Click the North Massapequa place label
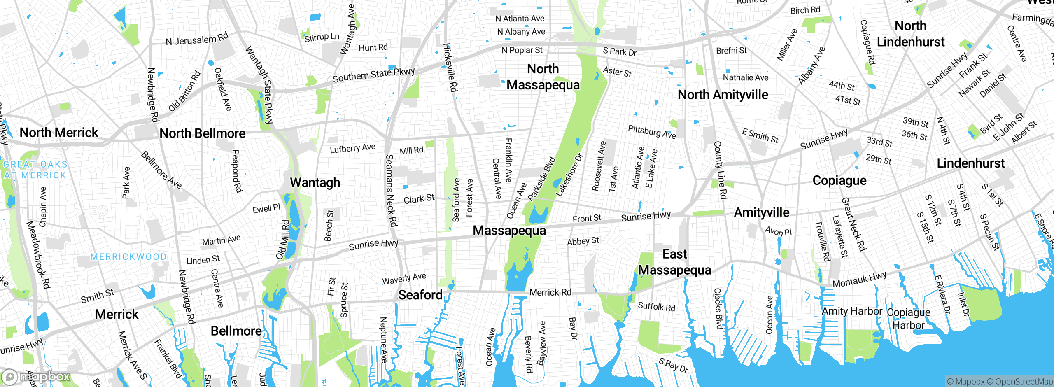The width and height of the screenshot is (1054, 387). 543,77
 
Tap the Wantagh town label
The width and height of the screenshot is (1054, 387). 315,182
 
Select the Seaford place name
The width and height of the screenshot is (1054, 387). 420,295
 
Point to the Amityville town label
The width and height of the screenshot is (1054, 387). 762,212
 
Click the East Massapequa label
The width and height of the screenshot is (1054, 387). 674,262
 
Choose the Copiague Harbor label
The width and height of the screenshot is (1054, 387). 908,319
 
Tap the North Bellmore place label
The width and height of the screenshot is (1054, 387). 202,133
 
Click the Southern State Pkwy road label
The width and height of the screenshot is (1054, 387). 373,75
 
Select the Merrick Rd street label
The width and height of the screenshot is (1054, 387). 550,292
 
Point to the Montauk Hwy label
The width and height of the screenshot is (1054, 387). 859,280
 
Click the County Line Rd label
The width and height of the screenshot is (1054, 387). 720,170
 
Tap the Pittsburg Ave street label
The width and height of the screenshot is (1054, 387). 652,132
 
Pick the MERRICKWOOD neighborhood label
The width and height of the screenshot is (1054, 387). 128,257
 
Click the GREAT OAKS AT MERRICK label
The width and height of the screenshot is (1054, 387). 35,170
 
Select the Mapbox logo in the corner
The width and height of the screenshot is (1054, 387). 36,377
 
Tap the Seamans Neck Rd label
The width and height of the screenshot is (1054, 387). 391,190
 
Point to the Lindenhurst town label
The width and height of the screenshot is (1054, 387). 971,163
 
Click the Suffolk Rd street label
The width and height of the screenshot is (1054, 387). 656,306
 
